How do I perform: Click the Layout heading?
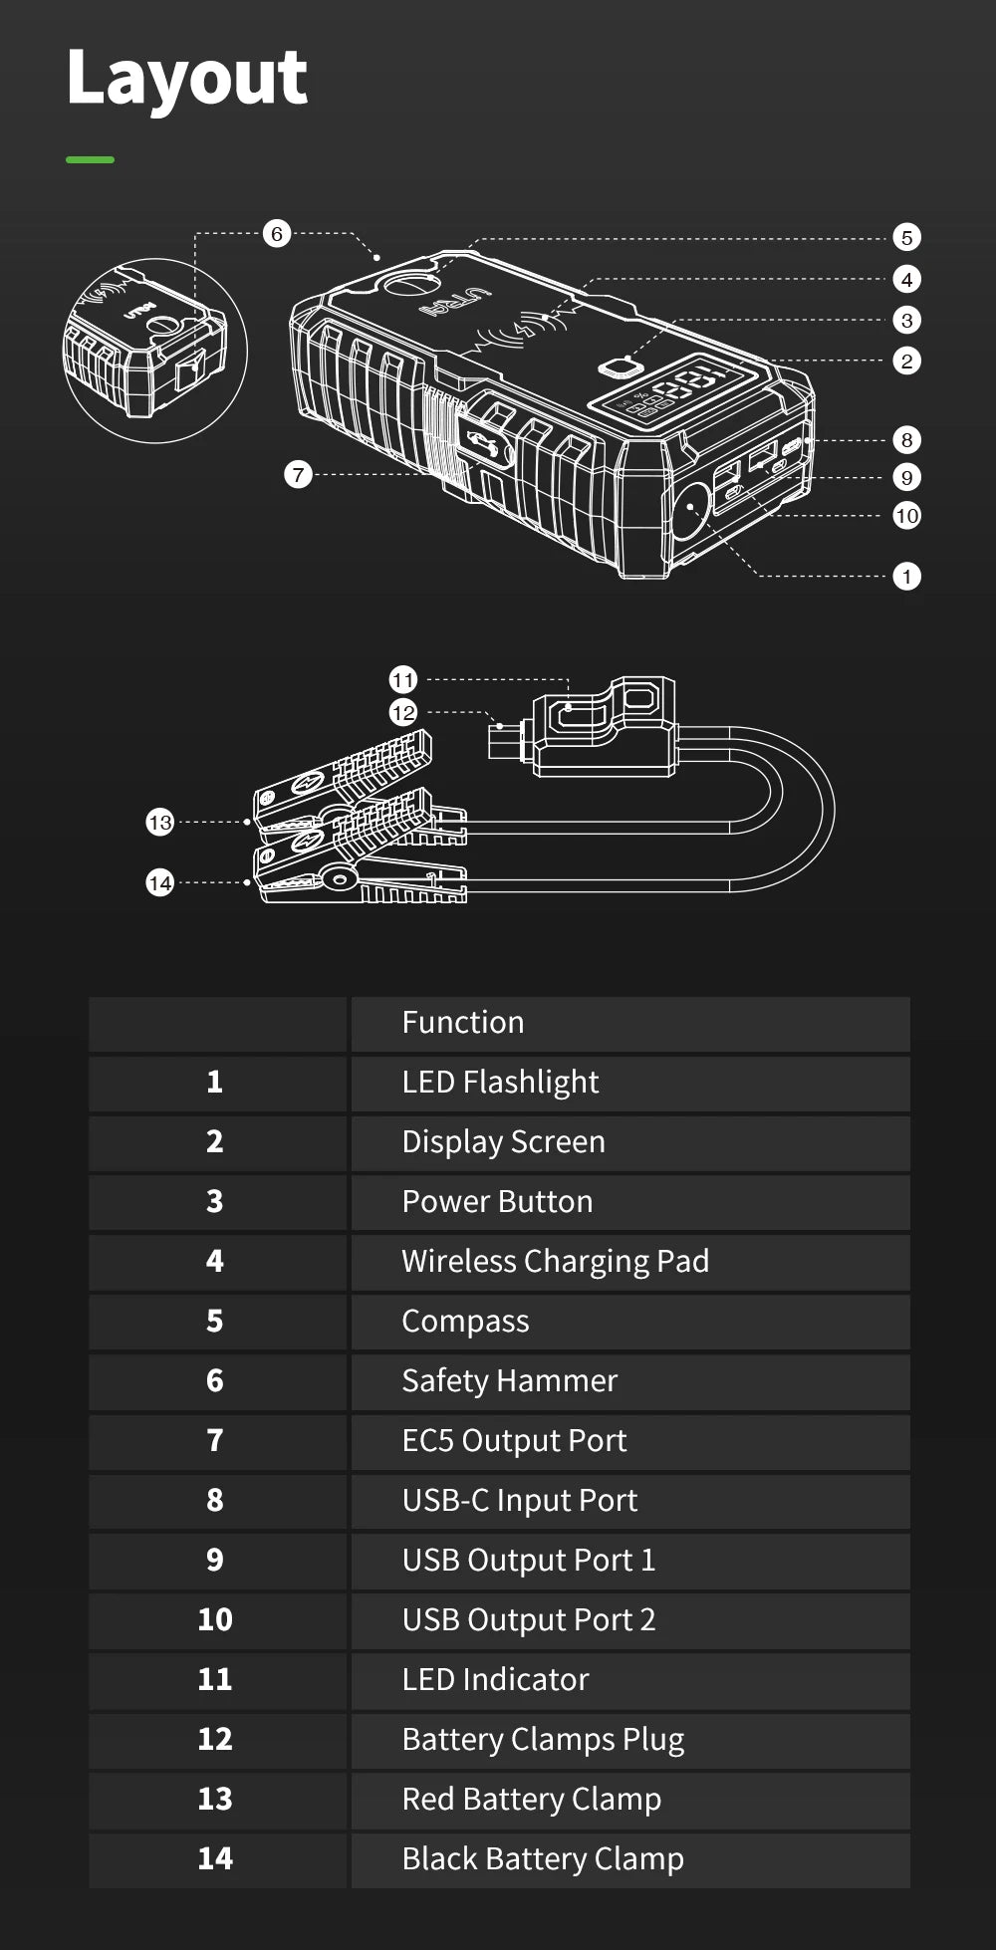pos(187,78)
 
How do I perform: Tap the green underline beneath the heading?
pos(90,159)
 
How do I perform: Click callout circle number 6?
pos(277,234)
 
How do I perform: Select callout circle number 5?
pos(906,237)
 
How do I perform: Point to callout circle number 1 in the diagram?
pos(906,576)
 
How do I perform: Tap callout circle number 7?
pos(298,474)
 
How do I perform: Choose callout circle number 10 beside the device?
pos(906,516)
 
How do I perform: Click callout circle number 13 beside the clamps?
pos(159,823)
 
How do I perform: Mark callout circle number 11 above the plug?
pos(402,680)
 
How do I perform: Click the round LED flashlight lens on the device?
pos(689,508)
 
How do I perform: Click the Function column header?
pos(463,1023)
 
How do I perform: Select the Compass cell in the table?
pos(465,1322)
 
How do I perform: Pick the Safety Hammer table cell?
pos(509,1381)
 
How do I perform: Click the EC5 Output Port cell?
pos(514,1441)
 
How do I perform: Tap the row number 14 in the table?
pos(215,1858)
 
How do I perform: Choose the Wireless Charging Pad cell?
pos(555,1262)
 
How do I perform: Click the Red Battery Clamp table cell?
pos(531,1800)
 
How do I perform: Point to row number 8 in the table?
pos(215,1501)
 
